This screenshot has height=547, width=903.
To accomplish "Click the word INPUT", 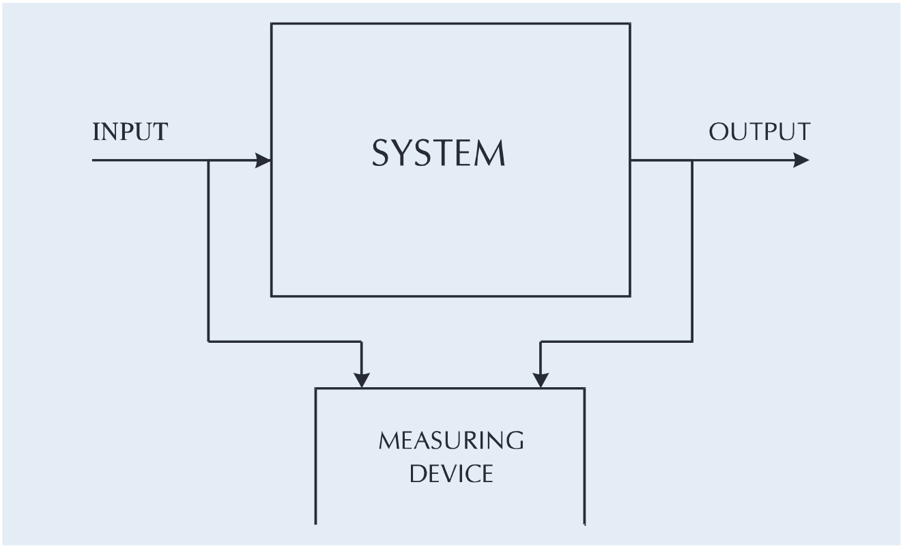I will (129, 132).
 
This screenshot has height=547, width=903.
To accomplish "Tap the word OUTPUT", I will (759, 132).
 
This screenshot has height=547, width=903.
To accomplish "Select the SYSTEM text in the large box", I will (438, 154).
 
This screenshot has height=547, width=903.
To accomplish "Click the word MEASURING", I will (451, 440).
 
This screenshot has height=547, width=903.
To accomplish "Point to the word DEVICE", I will (451, 473).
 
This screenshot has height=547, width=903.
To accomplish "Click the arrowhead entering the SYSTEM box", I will (263, 160).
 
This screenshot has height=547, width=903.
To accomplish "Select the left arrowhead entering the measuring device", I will (362, 380).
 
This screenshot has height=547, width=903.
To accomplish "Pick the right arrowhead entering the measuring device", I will (541, 380).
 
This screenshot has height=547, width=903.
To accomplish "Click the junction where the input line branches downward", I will (208, 160).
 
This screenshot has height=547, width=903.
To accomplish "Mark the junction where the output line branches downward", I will (692, 160).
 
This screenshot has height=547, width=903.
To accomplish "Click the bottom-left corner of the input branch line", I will (208, 340).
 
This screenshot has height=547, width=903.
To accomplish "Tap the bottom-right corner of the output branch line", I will (692, 341).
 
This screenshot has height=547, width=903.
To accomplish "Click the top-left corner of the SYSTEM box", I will (272, 24).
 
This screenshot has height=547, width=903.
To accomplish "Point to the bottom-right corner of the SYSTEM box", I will (629, 296).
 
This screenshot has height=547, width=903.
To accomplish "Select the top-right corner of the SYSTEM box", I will (629, 24).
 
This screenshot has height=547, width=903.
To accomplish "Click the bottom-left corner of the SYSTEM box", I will (272, 296).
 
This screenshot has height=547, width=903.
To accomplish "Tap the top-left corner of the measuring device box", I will (316, 389).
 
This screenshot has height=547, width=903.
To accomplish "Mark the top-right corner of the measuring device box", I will (584, 389).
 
